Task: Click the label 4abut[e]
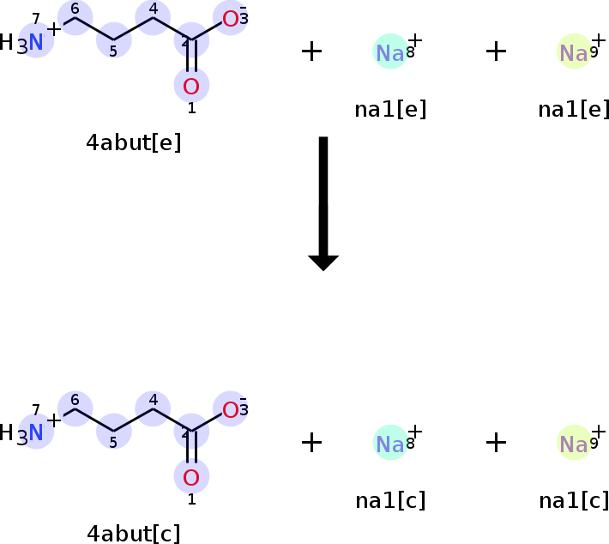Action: [134, 142]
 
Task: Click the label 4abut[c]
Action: [134, 533]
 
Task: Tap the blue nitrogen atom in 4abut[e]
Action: [36, 42]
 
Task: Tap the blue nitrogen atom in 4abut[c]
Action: [36, 432]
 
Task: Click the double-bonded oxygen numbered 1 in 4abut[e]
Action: [191, 86]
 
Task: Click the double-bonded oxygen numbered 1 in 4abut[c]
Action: [191, 477]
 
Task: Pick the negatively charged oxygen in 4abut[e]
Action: [230, 19]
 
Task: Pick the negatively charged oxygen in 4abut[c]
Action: [230, 409]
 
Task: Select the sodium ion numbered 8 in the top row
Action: [390, 53]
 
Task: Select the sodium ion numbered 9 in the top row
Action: [573, 53]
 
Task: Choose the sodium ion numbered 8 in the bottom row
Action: [390, 444]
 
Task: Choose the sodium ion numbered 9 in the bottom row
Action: [573, 444]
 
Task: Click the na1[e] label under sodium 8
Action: [390, 109]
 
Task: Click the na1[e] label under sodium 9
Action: [573, 109]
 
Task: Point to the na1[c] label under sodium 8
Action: [390, 500]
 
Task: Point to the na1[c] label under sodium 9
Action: [573, 500]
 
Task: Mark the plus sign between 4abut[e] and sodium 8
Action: [312, 51]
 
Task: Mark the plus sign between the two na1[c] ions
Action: [496, 443]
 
